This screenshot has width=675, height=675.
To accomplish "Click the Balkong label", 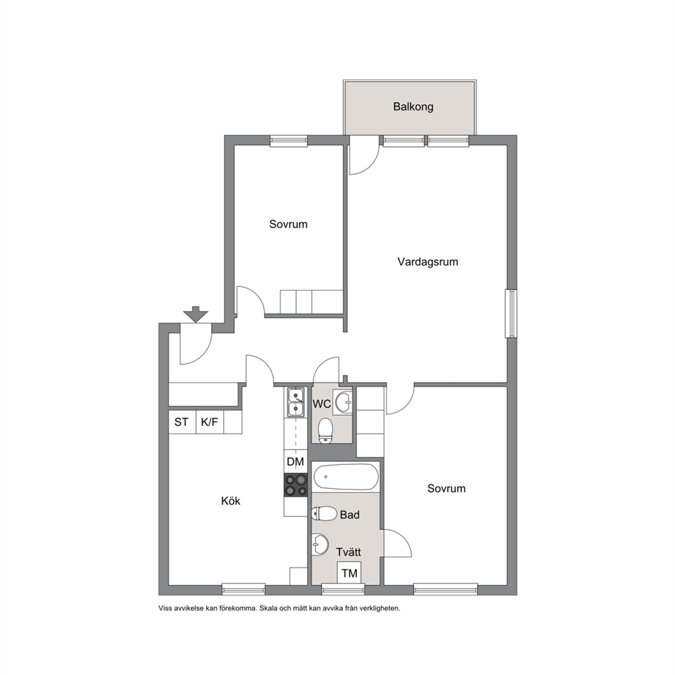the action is [413, 107].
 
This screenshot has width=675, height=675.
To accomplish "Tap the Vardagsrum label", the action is [427, 262].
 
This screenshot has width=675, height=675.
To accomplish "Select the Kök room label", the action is [231, 501].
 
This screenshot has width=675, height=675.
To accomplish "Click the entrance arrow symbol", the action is [196, 314].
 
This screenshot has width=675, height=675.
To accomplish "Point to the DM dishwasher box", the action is [295, 461].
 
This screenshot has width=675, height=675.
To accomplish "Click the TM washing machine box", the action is [349, 573].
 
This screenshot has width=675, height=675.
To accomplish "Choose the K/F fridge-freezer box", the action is [210, 422].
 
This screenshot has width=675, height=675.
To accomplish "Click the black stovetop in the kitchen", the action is [296, 484].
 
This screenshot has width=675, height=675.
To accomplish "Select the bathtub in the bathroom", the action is [346, 476].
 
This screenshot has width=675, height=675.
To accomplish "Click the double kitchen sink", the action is [295, 402].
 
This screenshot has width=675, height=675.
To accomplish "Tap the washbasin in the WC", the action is [344, 402].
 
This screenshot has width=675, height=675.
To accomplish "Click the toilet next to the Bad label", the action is [324, 514].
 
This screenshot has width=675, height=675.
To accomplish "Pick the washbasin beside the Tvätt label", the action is [320, 544].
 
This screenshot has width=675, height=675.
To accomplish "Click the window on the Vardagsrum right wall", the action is [512, 314].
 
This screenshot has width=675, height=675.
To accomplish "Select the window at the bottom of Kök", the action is [244, 589].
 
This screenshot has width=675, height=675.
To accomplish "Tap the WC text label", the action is [322, 404].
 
